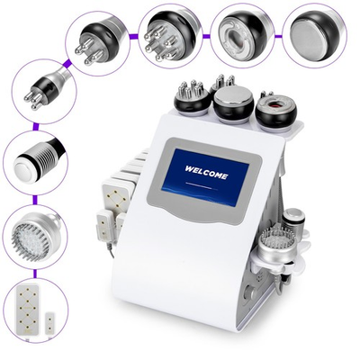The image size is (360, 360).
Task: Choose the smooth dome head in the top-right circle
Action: coord(314,31)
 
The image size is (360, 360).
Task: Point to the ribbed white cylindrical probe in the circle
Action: coord(34,163)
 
